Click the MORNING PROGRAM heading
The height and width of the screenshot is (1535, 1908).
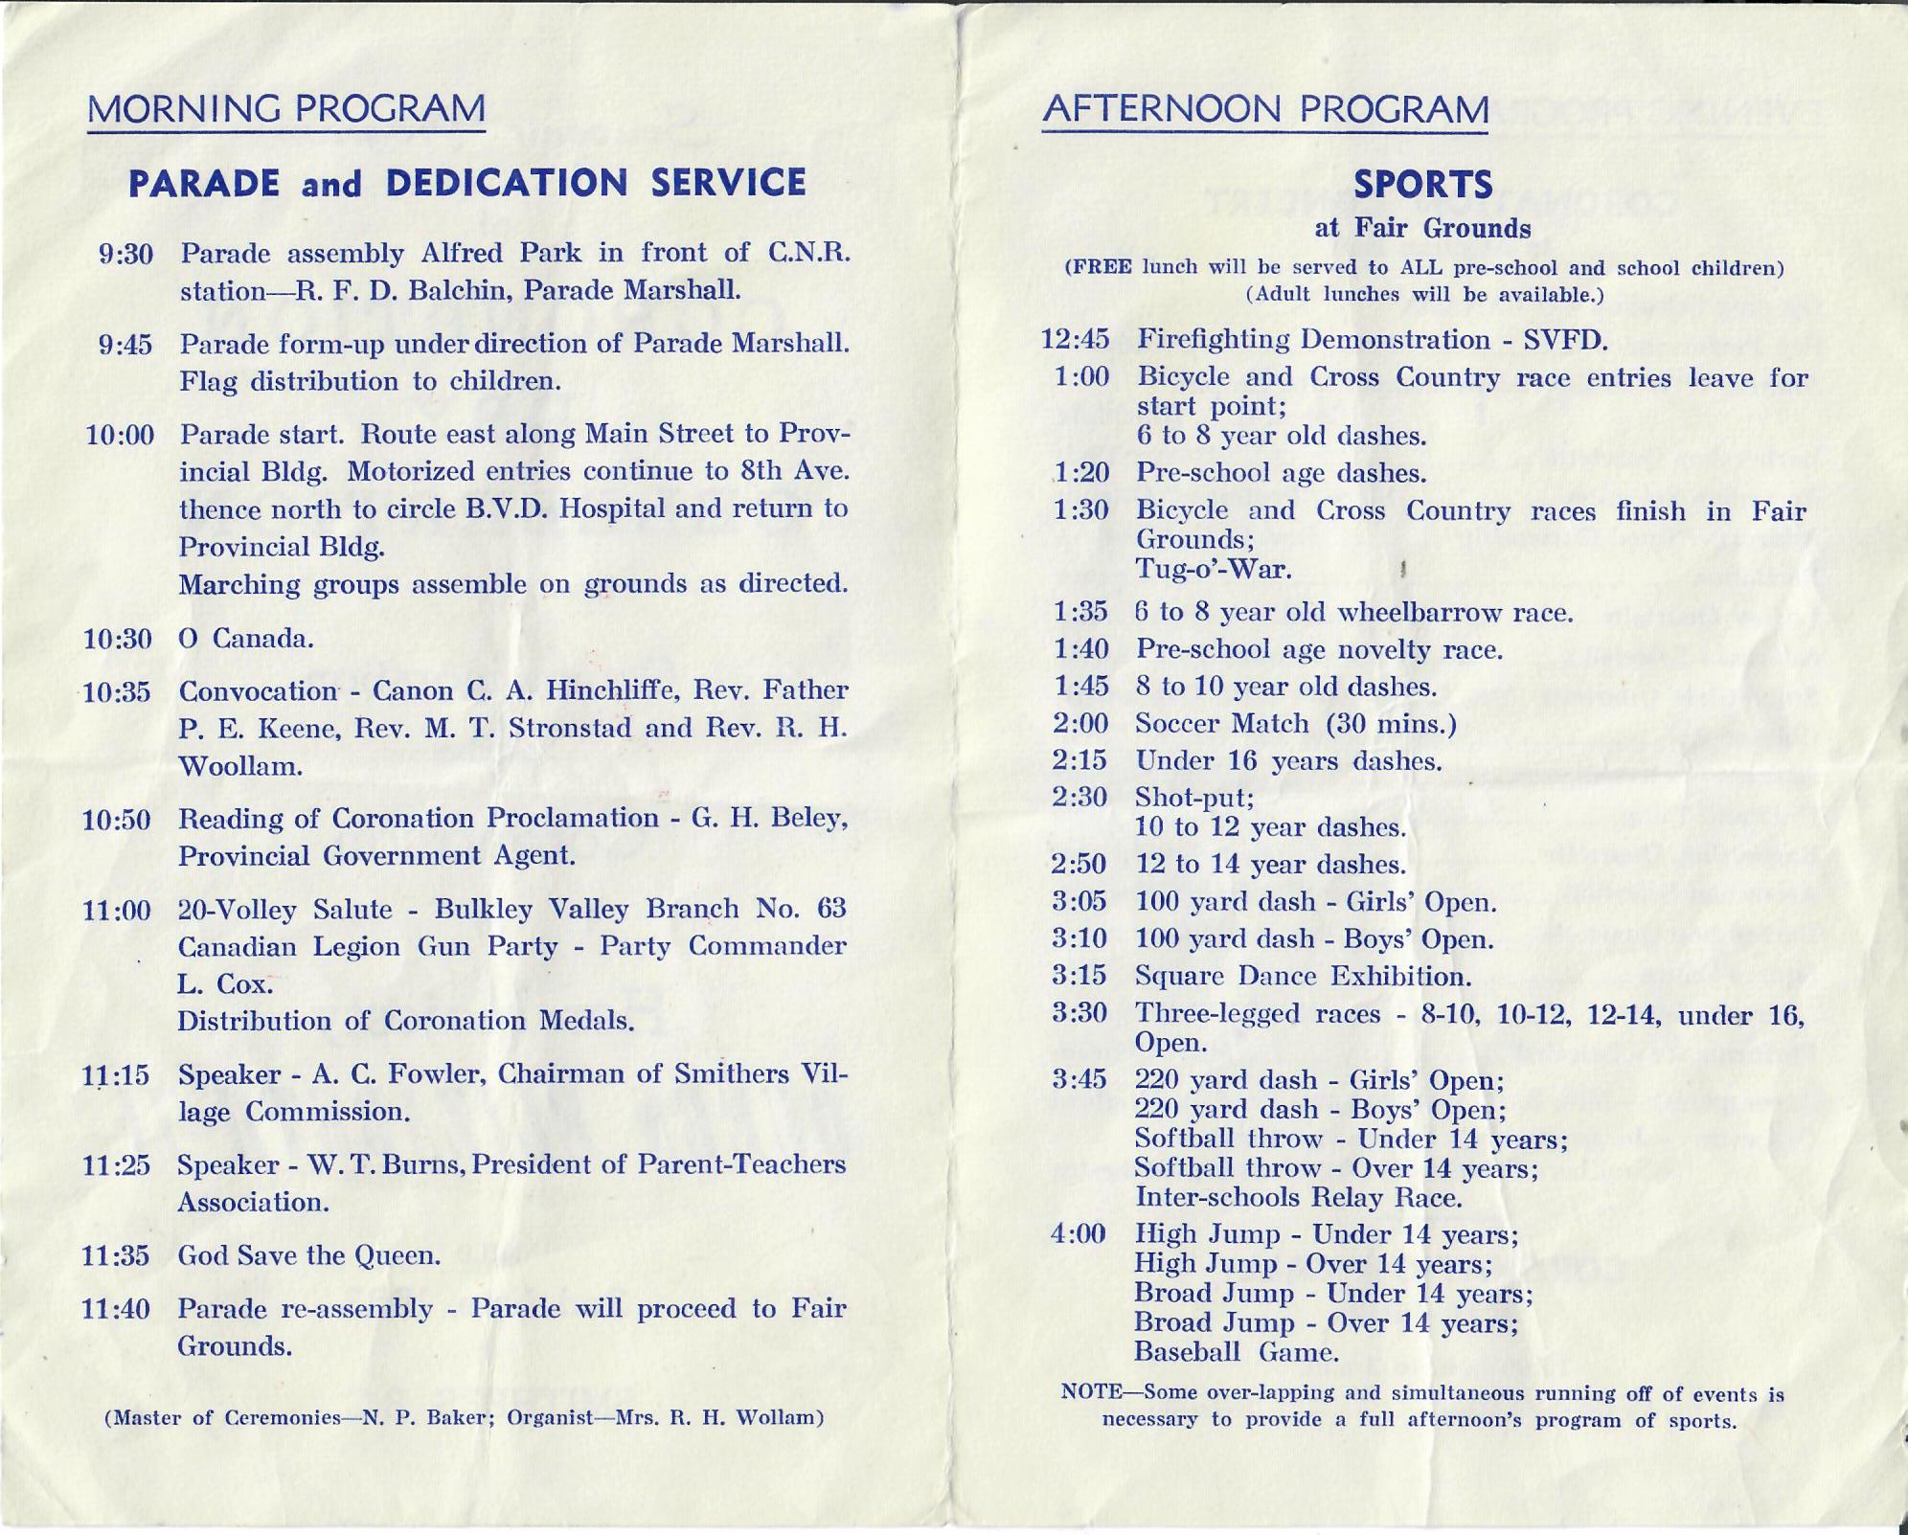[x=285, y=109]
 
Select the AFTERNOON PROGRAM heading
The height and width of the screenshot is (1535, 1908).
[x=1265, y=109]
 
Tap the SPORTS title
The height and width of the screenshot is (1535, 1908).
[x=1421, y=184]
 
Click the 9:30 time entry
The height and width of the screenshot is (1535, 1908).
[x=125, y=255]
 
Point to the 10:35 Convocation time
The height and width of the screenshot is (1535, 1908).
[x=117, y=692]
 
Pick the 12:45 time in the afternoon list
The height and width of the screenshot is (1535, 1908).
[x=1075, y=340]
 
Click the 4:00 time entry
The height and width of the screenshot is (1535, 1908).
[x=1079, y=1234]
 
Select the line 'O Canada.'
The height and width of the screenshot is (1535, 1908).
[x=246, y=639]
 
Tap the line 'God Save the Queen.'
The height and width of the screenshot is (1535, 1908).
[x=308, y=1255]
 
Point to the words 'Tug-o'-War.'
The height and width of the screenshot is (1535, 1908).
[x=1214, y=569]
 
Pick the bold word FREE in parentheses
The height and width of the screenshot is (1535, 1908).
[x=1099, y=267]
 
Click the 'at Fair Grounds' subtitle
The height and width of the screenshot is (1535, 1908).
[x=1422, y=229]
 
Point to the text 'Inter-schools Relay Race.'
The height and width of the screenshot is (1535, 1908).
[x=1298, y=1198]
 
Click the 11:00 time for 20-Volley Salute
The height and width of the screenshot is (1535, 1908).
[x=117, y=910]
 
